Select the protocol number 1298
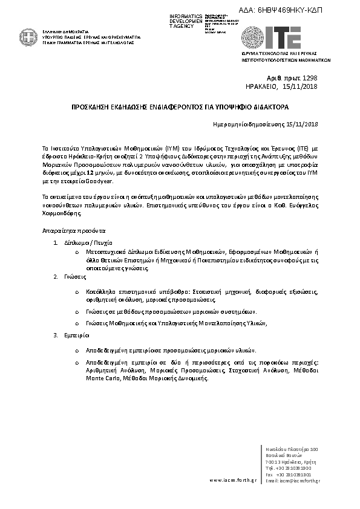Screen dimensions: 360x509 point(309,79)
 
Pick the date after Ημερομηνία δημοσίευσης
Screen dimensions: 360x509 point(303,125)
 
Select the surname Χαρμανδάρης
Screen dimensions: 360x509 point(62,213)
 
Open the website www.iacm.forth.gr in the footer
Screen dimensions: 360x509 point(232,480)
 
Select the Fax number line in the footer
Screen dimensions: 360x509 point(289,474)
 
